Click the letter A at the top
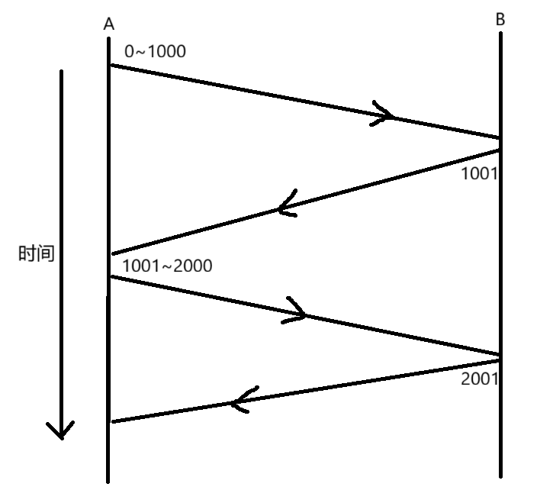pos(109,24)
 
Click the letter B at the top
pos(500,20)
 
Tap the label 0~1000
pos(155,51)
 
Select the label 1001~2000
pos(167,266)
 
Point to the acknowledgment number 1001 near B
pos(479,173)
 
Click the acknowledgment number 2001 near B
pos(480,378)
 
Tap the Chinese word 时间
pos(37,253)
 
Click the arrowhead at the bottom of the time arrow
pos(61,430)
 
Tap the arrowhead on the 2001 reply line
pos(240,400)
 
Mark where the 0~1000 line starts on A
pos(110,65)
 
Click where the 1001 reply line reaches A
pos(111,253)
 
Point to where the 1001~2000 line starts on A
pos(110,276)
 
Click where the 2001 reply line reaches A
pos(111,421)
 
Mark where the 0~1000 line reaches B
pos(500,138)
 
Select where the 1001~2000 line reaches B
pos(500,355)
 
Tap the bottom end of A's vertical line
pos(108,481)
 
